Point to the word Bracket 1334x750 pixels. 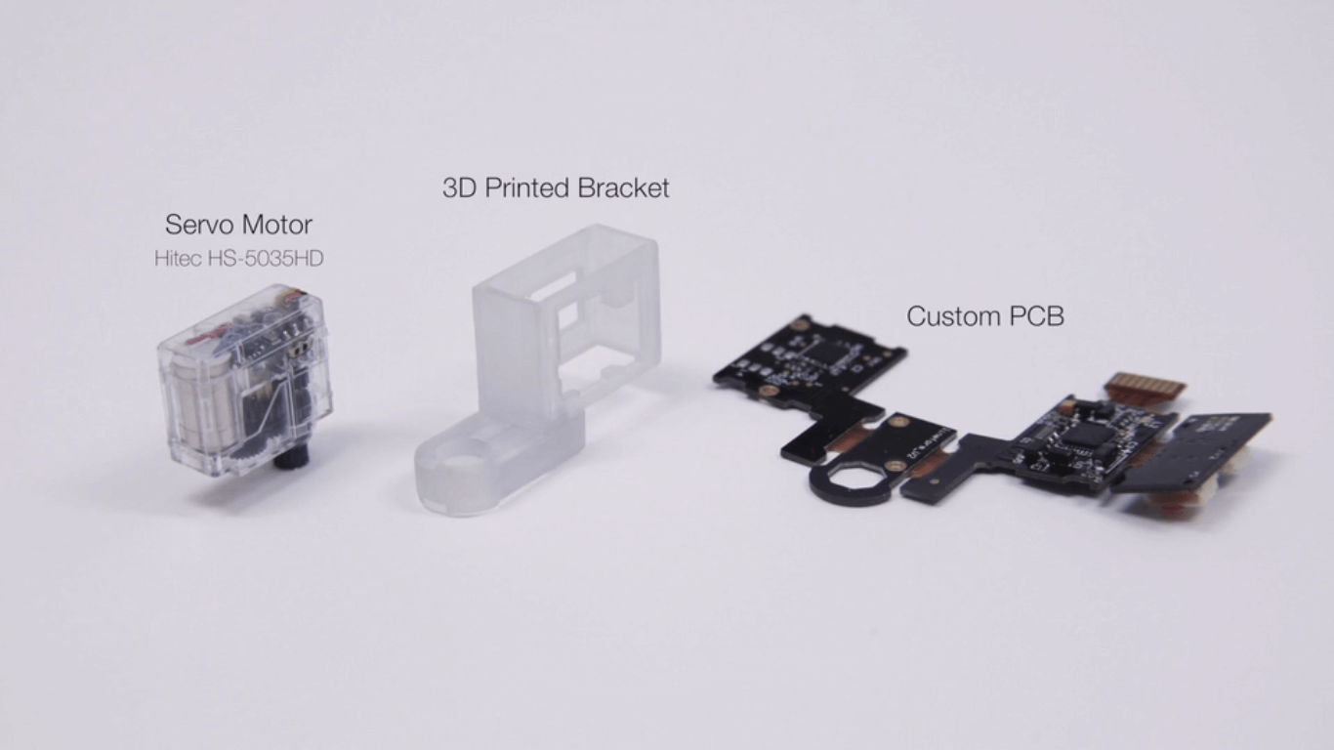(623, 188)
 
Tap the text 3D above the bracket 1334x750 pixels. (460, 188)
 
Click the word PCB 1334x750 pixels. (1034, 316)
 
